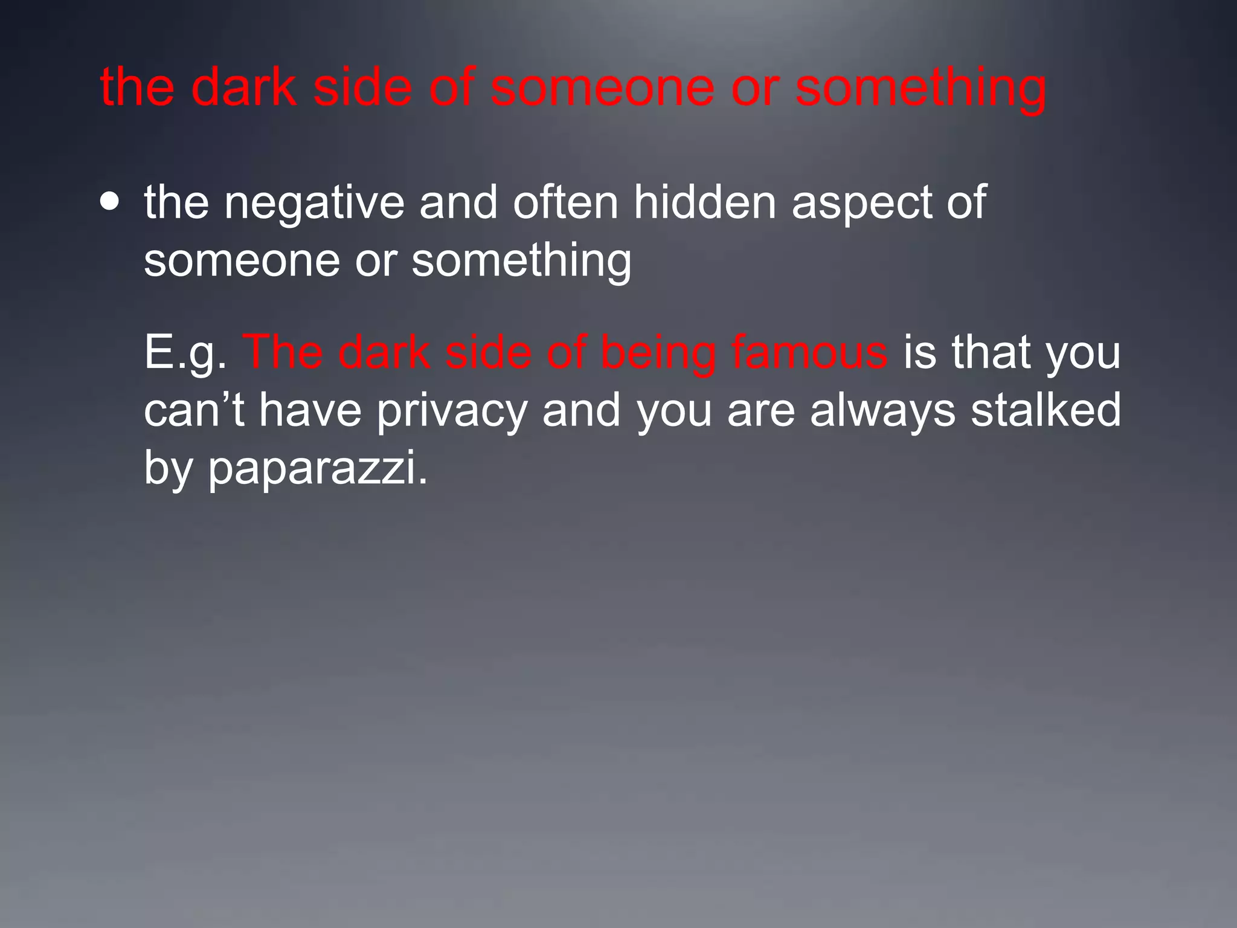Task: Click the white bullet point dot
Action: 110,202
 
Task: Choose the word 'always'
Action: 882,411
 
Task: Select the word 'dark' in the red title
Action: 244,88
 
